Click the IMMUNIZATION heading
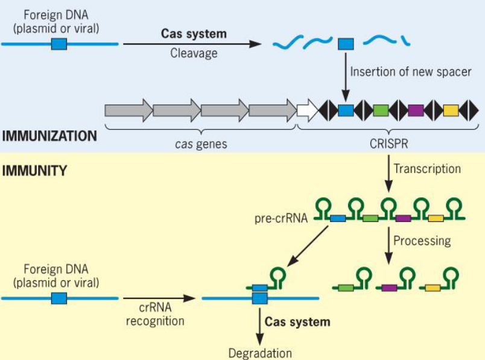coord(49,136)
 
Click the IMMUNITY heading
coord(34,170)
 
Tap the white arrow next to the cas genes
coord(307,110)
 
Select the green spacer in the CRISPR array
coord(380,110)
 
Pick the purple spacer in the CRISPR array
coord(415,110)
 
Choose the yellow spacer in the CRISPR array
coord(451,110)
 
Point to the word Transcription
coord(427,168)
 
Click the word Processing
coord(422,241)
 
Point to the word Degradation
coord(260,353)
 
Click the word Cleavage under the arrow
coord(194,53)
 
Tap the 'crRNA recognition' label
coord(155,314)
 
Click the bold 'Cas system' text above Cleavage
coord(194,34)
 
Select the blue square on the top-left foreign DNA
coord(59,44)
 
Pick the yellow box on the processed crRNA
coord(433,288)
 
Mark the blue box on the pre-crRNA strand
coord(338,218)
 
